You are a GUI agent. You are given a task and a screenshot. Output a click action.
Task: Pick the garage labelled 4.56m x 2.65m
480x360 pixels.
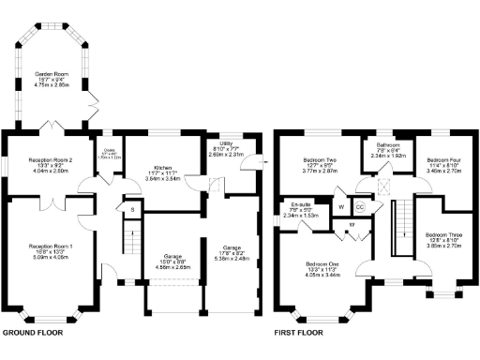pyautogui.click(x=171, y=261)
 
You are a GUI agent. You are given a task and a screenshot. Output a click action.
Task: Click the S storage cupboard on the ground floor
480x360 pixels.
pyautogui.click(x=133, y=209)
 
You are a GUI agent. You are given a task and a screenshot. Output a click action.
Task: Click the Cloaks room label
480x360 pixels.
pyautogui.click(x=110, y=156)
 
